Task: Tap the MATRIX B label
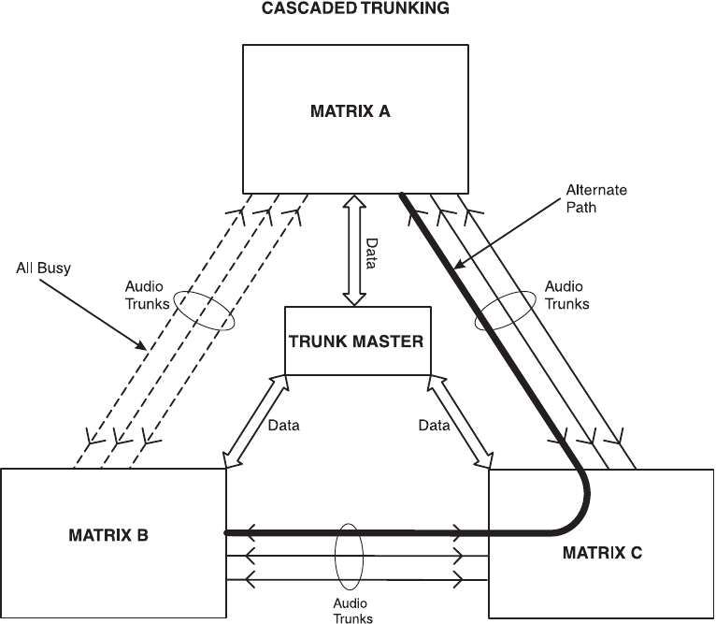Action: [108, 536]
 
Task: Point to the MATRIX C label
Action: [602, 552]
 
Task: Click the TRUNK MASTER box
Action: [355, 341]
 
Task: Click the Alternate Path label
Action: [595, 199]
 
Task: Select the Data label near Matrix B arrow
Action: [283, 425]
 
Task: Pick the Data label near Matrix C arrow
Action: [434, 425]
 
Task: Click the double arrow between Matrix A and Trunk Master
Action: [353, 250]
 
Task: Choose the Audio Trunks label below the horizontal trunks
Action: [352, 611]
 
